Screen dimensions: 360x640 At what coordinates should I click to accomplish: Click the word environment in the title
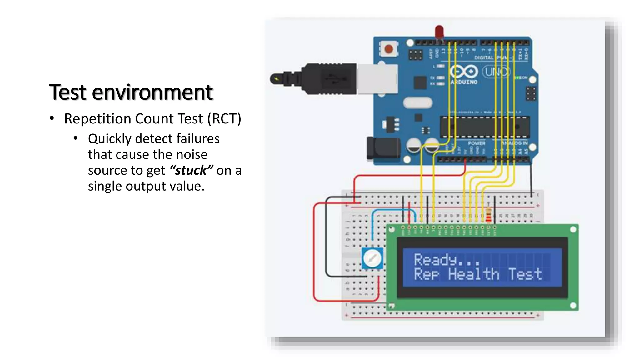coord(152,92)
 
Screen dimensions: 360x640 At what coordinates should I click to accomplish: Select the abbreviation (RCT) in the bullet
coord(224,119)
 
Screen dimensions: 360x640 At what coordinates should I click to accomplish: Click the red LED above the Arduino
coord(439,32)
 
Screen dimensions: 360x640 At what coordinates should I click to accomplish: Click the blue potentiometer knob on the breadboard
coord(372,258)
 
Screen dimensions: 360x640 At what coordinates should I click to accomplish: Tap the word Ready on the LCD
coord(435,260)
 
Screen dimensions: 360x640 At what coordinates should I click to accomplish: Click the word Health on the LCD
coord(473,274)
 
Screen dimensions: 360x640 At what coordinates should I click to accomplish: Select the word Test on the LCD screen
coord(525,274)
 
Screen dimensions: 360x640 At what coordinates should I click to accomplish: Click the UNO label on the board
coord(496,72)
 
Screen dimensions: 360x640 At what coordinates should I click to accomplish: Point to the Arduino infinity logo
coord(464,72)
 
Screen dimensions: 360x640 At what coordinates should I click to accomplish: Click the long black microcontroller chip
coord(484,127)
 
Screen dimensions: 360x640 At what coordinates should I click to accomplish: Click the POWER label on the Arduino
coord(476,143)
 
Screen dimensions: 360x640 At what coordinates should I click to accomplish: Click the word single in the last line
coord(105,187)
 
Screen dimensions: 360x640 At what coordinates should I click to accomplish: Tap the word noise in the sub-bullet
coord(192,155)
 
